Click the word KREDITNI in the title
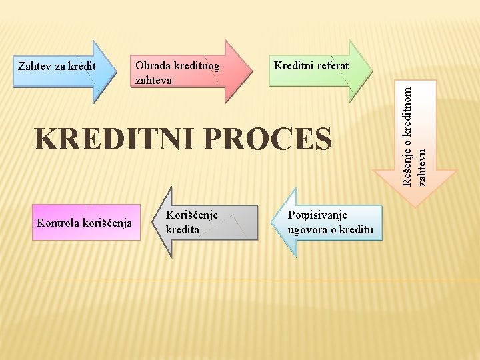[113, 139]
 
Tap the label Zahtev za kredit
[57, 67]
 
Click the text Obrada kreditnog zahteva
[177, 73]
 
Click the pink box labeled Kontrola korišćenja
[85, 222]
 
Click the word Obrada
[153, 66]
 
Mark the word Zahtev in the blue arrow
[33, 67]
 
